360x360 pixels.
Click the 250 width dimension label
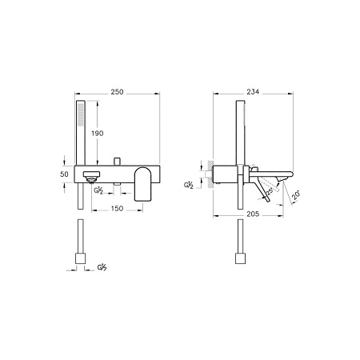[117, 92]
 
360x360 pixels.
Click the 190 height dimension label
[98, 134]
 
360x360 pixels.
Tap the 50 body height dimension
[64, 174]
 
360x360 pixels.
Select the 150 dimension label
[117, 208]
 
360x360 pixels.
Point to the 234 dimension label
[253, 92]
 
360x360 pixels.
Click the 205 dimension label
[253, 214]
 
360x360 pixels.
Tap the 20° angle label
[296, 194]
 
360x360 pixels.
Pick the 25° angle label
[270, 191]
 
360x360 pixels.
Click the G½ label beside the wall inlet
[189, 185]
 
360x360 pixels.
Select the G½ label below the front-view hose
[102, 267]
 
